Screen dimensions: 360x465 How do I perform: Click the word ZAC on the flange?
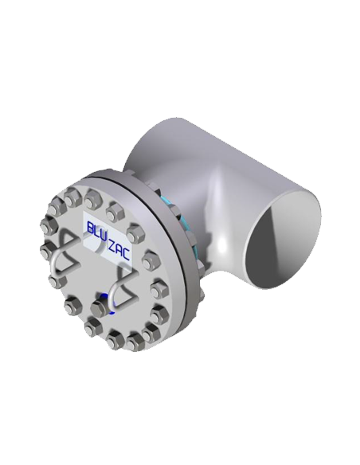(119, 252)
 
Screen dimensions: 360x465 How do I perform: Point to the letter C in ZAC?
(126, 255)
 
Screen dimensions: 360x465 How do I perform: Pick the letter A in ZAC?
(119, 252)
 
